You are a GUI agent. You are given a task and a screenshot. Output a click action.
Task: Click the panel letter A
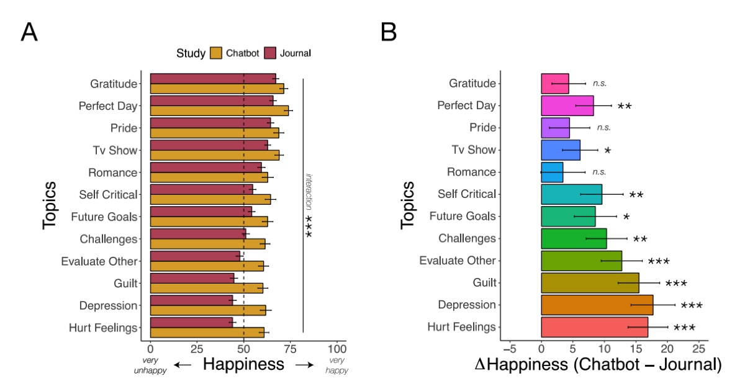click(x=29, y=32)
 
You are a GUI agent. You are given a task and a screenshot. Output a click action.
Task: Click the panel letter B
click(x=389, y=32)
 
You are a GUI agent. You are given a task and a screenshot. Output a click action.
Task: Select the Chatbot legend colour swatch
click(x=216, y=53)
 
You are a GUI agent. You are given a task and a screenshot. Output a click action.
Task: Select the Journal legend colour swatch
click(x=270, y=53)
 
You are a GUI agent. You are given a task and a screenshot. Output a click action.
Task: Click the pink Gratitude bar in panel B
click(x=554, y=83)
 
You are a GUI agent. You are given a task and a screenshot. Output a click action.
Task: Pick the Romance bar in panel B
click(x=552, y=172)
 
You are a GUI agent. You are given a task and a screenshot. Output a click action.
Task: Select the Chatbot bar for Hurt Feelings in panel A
click(x=207, y=332)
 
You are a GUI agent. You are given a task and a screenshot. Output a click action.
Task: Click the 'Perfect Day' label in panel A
click(x=107, y=106)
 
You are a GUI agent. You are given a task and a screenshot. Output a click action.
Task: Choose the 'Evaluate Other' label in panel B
click(x=458, y=261)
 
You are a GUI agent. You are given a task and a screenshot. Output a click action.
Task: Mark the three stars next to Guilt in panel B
click(x=675, y=284)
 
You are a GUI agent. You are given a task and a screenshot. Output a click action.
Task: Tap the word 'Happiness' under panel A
click(x=243, y=364)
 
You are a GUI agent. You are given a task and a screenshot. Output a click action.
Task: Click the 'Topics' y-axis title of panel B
click(x=407, y=205)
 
